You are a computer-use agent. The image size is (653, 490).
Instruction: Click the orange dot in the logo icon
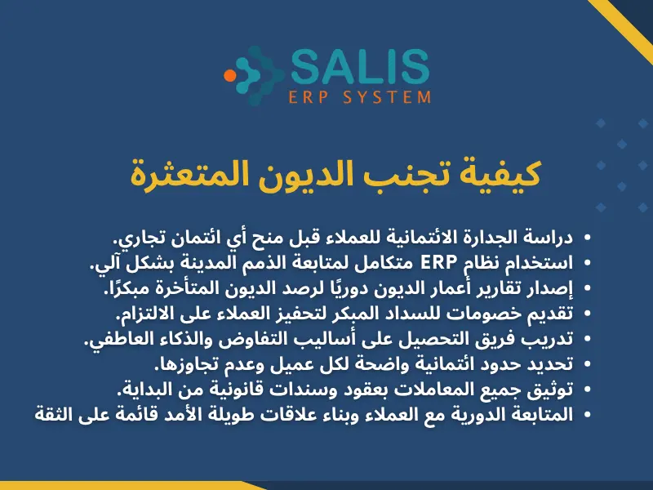(x=230, y=75)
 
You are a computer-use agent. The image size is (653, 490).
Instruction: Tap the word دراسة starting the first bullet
(x=549, y=238)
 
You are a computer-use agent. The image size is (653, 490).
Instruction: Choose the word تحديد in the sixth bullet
(x=551, y=364)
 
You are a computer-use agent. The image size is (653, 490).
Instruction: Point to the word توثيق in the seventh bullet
(x=553, y=390)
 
